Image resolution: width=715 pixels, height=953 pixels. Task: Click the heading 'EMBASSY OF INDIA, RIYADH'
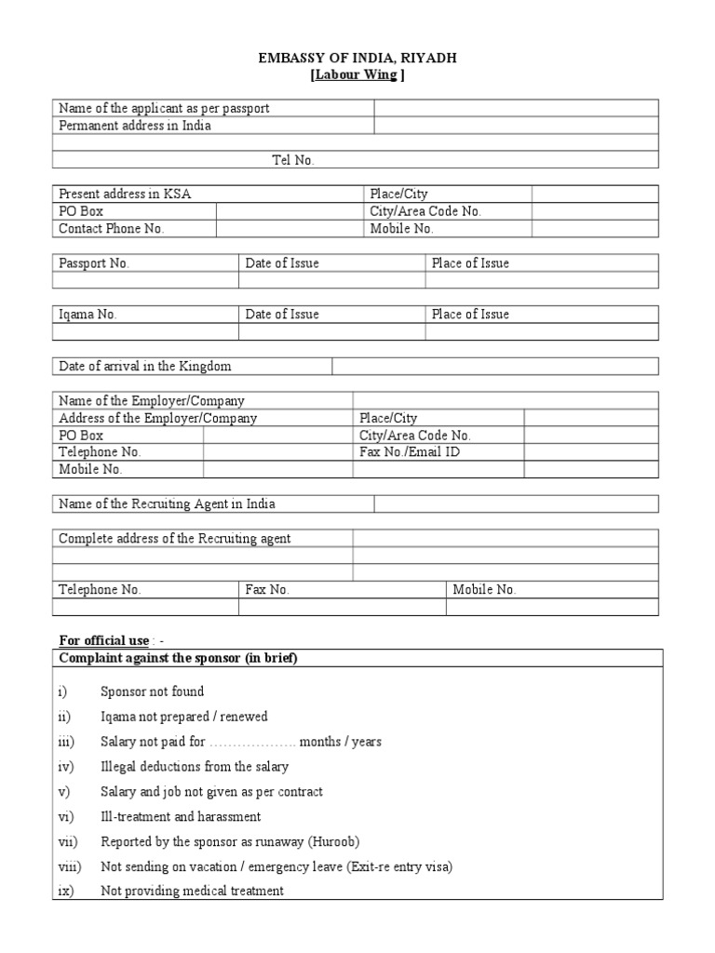[357, 59]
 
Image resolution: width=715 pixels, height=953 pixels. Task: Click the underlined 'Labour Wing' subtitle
[357, 75]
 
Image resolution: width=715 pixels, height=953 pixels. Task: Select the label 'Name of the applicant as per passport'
[164, 109]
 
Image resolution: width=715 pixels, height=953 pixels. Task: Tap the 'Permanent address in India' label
[135, 126]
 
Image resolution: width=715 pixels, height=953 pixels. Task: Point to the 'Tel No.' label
[293, 160]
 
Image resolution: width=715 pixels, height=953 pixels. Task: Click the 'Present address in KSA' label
[126, 195]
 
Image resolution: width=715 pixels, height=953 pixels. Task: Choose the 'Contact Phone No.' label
[111, 229]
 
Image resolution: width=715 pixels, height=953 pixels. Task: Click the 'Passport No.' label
[94, 263]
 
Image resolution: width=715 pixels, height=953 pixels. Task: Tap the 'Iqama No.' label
[88, 315]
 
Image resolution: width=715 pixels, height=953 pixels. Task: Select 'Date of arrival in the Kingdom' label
[145, 367]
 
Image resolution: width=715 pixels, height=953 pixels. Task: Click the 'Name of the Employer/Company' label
[152, 401]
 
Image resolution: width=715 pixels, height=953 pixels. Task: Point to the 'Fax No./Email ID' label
[410, 452]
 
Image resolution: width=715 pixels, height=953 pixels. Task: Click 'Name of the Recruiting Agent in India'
[167, 504]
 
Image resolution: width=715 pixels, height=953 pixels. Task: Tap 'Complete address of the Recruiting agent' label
[175, 539]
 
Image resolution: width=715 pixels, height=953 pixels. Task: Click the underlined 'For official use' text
[103, 640]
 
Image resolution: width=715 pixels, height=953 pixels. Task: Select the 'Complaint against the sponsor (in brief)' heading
[178, 658]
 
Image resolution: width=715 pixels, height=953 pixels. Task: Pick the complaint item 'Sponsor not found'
[152, 691]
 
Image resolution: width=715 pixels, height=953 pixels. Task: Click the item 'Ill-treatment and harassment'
[181, 817]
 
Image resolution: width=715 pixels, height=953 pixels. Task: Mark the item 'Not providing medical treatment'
[192, 892]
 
